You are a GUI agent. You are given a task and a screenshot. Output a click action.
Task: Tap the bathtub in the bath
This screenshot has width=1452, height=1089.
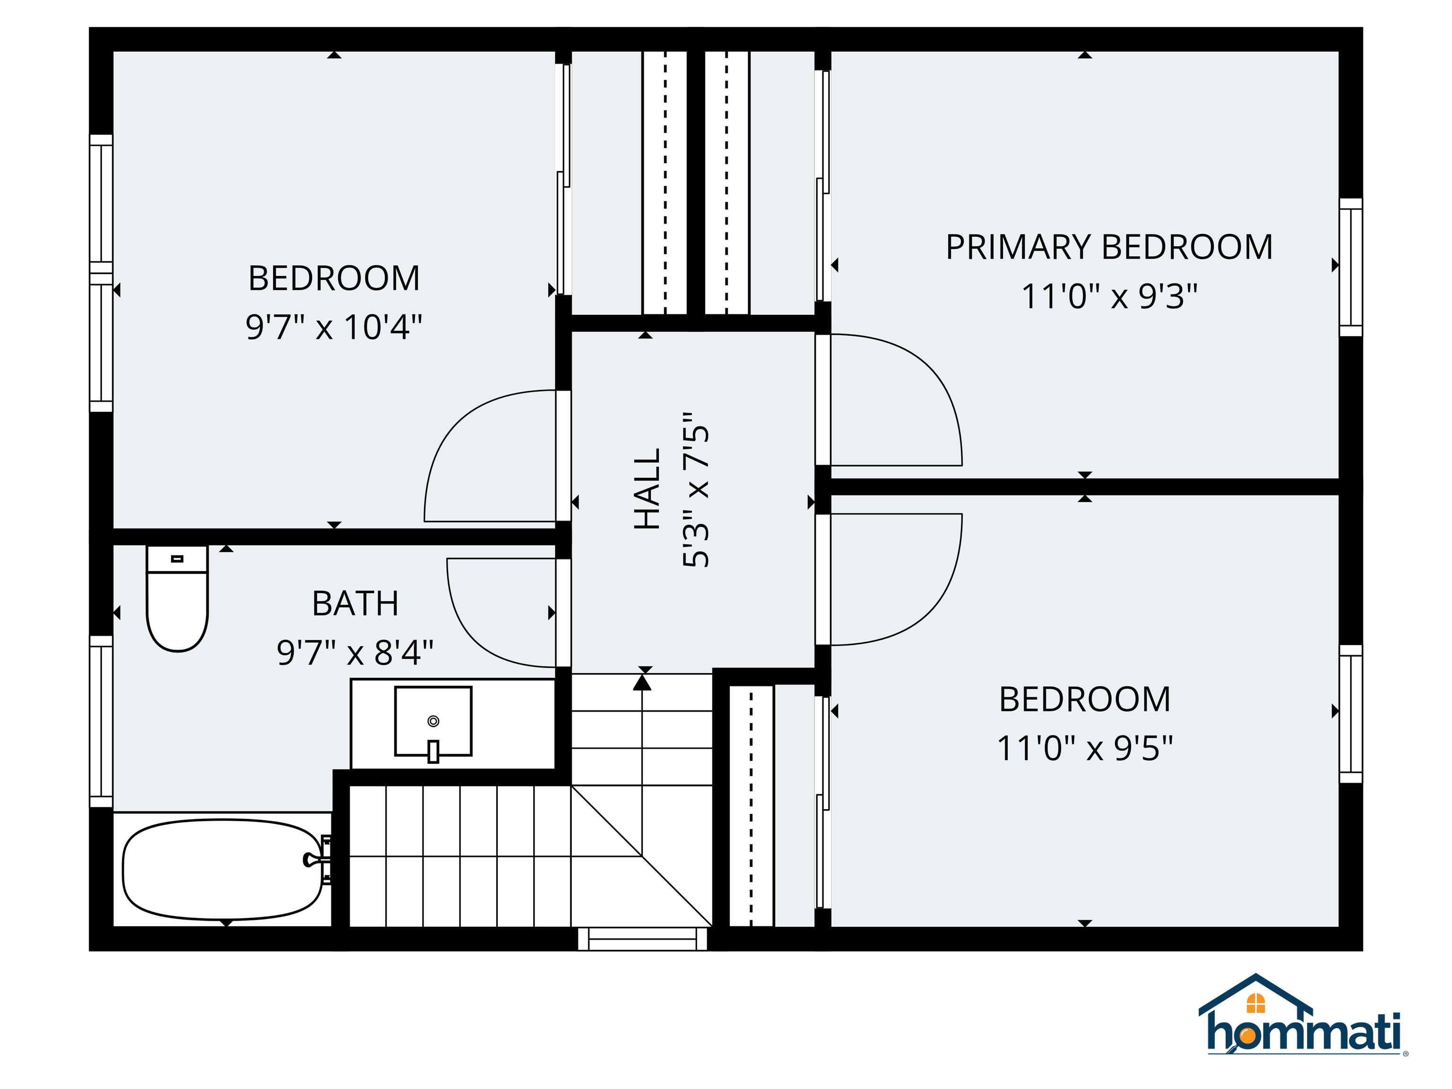222,869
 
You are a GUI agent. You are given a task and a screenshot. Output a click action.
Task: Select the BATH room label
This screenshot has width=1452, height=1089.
355,603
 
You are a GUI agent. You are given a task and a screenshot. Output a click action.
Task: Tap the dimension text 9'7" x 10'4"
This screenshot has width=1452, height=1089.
334,326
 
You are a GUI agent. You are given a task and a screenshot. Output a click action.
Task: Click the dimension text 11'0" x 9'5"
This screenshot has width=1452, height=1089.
1084,748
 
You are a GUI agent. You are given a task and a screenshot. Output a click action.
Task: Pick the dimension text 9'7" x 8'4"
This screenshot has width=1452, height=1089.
355,652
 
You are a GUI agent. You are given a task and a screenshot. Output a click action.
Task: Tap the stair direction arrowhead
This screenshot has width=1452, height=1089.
642,683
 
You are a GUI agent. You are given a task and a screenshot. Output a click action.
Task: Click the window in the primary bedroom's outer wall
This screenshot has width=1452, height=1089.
1350,267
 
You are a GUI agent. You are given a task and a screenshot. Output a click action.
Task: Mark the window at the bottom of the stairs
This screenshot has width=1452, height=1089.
642,939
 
